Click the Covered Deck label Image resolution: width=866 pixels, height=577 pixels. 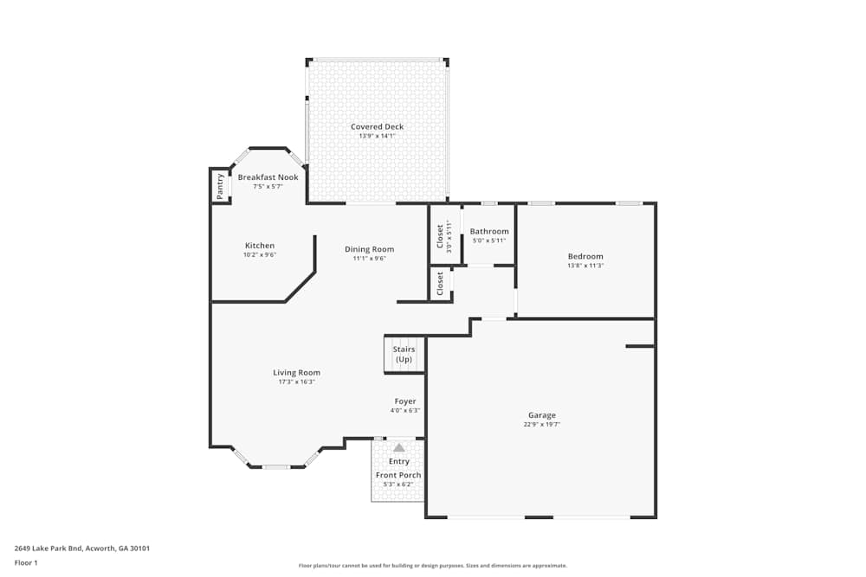(377, 127)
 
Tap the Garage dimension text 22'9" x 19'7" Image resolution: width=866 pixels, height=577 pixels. (542, 425)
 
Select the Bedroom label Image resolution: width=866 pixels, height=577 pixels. (585, 256)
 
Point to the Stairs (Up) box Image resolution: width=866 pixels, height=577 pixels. (404, 355)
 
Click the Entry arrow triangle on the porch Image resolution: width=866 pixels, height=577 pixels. (398, 448)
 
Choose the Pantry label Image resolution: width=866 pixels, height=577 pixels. (220, 186)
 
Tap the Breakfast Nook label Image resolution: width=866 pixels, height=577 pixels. (268, 177)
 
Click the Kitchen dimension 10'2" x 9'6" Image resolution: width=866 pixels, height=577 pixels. (260, 255)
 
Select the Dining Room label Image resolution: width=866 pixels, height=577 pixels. (370, 249)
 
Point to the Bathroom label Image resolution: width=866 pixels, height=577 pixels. (489, 232)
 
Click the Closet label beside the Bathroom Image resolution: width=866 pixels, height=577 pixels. (440, 236)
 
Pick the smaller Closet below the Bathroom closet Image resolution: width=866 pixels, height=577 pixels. (440, 284)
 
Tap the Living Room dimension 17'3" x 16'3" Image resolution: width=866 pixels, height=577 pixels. (297, 381)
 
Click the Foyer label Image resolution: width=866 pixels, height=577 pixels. (405, 401)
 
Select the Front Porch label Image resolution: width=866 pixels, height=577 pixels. (398, 475)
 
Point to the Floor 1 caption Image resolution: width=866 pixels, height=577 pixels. (26, 562)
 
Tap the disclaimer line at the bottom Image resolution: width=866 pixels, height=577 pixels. (433, 566)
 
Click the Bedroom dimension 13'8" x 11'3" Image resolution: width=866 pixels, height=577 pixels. (585, 266)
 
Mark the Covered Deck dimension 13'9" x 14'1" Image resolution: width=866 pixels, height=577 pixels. (377, 136)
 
